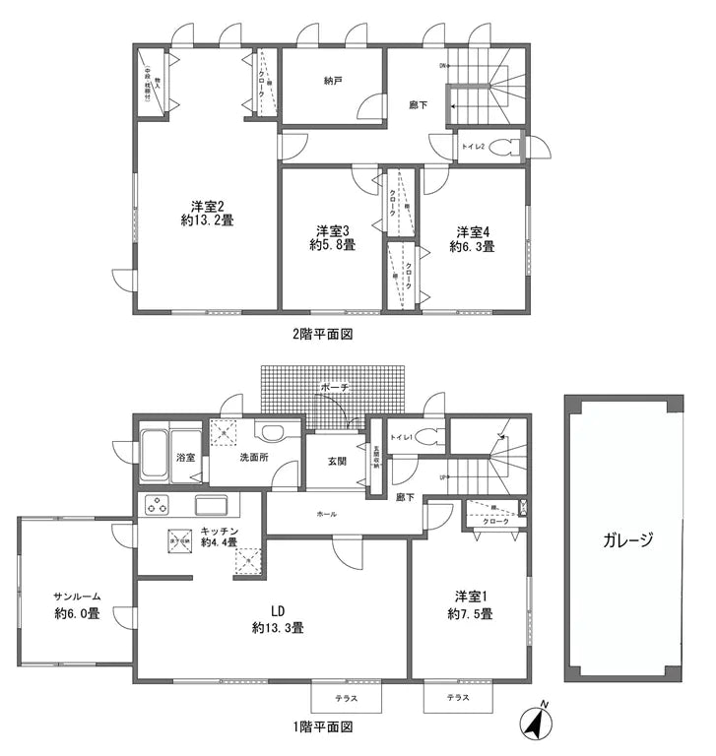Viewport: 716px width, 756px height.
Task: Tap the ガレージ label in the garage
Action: (624, 540)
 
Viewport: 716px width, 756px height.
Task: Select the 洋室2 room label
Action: (207, 206)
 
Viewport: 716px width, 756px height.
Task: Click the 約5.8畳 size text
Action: (332, 246)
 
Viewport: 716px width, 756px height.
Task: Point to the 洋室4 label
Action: (472, 231)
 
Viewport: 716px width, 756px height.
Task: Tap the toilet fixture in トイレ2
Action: (504, 148)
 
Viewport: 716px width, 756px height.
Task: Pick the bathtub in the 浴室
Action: (156, 456)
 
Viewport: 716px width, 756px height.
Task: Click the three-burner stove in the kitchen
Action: (159, 506)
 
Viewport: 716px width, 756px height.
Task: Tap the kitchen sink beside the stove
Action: (213, 505)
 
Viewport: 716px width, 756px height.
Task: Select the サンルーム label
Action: (77, 597)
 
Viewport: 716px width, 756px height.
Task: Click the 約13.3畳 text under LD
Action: (277, 627)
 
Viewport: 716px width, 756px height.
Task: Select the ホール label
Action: (327, 514)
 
